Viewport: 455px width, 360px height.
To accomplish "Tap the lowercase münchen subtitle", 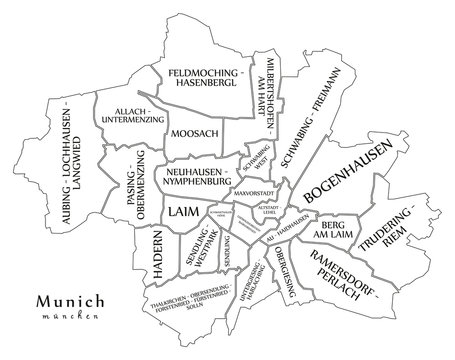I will point(70,318).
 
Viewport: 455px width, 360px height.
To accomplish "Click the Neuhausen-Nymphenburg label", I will point(195,177).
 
